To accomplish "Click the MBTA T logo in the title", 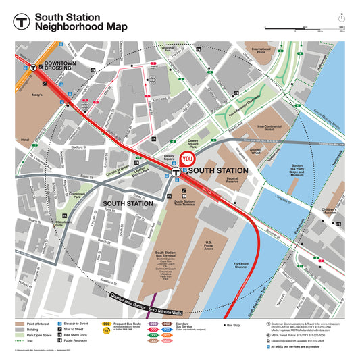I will pos(21,21).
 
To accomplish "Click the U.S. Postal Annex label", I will pos(209,247).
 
